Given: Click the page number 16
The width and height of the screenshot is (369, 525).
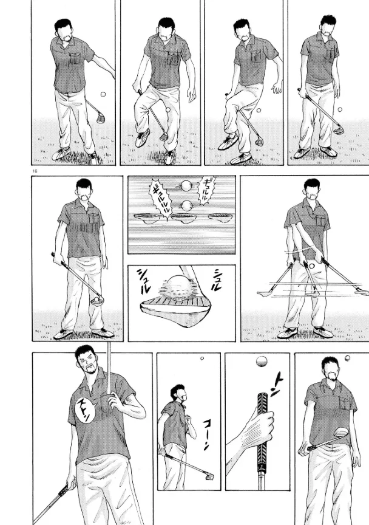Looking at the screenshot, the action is [x=35, y=171].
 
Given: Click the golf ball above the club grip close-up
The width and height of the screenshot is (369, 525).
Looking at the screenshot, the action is [x=262, y=362].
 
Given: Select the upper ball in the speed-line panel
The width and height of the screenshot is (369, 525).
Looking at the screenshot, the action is [x=186, y=185].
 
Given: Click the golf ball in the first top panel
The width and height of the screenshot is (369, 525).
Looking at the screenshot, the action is [x=103, y=94].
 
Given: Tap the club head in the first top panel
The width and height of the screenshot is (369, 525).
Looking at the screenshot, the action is [x=100, y=117].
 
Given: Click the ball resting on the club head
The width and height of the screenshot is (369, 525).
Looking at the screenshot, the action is [x=96, y=299].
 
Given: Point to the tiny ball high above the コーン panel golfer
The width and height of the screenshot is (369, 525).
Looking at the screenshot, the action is [x=202, y=359].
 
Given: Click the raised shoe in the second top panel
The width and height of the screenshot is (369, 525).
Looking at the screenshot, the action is [x=143, y=137].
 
